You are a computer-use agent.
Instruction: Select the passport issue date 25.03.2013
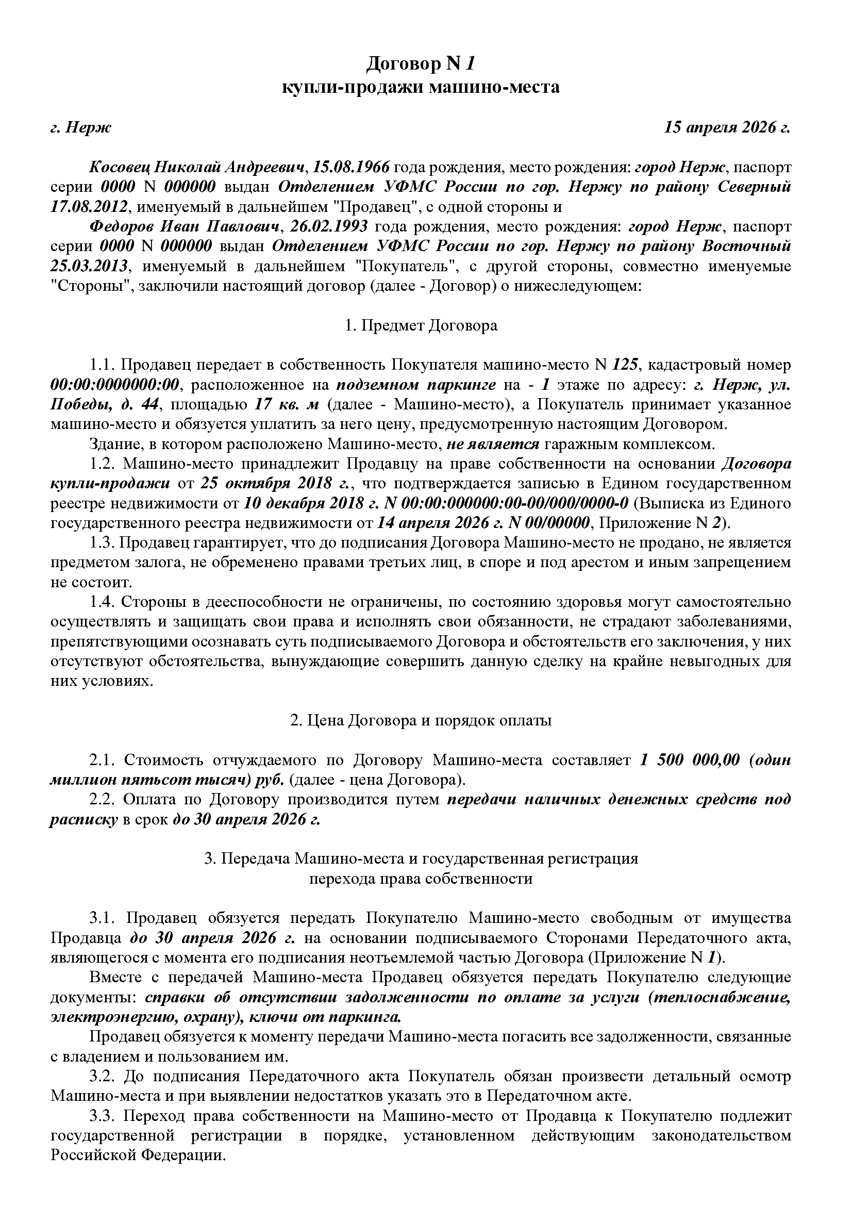click(x=89, y=266)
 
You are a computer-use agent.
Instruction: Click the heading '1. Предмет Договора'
click(x=421, y=326)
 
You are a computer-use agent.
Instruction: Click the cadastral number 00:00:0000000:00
click(x=115, y=385)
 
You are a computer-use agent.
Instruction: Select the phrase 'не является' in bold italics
click(x=492, y=444)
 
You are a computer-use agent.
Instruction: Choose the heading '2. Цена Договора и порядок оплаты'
click(x=421, y=720)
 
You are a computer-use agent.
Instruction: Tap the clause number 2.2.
click(x=103, y=800)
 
